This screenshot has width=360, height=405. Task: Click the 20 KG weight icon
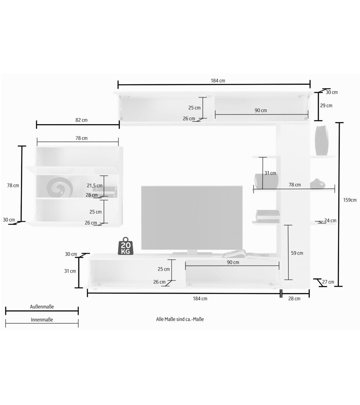click(126, 246)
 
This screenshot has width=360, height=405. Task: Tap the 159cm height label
click(350, 200)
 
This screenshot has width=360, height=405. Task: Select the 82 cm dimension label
click(81, 120)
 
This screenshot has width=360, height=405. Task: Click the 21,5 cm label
click(95, 185)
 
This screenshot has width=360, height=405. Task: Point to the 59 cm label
click(297, 253)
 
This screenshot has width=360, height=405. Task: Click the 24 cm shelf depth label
click(330, 221)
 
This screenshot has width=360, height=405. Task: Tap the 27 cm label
click(328, 282)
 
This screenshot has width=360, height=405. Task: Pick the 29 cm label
click(326, 105)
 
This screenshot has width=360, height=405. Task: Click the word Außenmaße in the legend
click(42, 307)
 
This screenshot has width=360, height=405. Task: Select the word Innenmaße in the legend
click(42, 320)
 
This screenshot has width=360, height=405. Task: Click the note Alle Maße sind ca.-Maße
click(180, 319)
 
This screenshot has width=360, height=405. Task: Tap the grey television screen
click(192, 218)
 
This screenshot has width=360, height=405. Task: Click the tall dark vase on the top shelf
click(321, 140)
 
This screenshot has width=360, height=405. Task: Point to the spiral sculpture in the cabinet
click(60, 186)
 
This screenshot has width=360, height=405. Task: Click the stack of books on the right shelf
click(268, 216)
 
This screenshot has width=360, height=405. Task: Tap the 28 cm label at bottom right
click(294, 298)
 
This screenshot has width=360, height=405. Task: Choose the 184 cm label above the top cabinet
click(218, 81)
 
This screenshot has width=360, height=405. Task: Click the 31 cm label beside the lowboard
click(70, 271)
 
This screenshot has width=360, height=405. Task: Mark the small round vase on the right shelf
click(318, 184)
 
